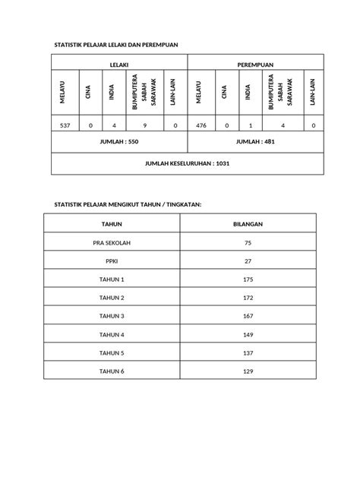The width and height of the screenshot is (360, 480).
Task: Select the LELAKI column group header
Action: pos(119,65)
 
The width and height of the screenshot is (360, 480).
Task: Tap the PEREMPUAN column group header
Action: pos(255,65)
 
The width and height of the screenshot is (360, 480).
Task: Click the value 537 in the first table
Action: pos(65,125)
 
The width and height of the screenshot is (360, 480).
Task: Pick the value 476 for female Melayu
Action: pos(201,125)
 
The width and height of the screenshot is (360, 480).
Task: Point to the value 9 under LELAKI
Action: pos(144,125)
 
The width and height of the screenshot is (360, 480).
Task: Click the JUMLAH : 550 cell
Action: pos(119,142)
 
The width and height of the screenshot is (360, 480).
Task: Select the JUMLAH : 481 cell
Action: pos(255,142)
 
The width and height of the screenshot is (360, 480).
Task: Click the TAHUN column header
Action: pos(112,224)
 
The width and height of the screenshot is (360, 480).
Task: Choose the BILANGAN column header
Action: pos(248,224)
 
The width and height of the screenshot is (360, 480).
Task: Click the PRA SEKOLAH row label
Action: pos(112,243)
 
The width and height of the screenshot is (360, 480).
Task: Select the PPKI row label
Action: pos(112,261)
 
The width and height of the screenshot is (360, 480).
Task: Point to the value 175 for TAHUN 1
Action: pos(248,279)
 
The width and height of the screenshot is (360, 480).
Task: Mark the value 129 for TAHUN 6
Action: pos(248,371)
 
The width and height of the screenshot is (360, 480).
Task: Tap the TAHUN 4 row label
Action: pos(112,335)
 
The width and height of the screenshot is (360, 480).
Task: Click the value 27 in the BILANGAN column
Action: pos(248,261)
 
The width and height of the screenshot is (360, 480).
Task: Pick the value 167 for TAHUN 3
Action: pos(248,316)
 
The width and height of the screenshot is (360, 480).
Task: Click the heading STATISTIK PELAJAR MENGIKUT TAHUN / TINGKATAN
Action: pos(126,205)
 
